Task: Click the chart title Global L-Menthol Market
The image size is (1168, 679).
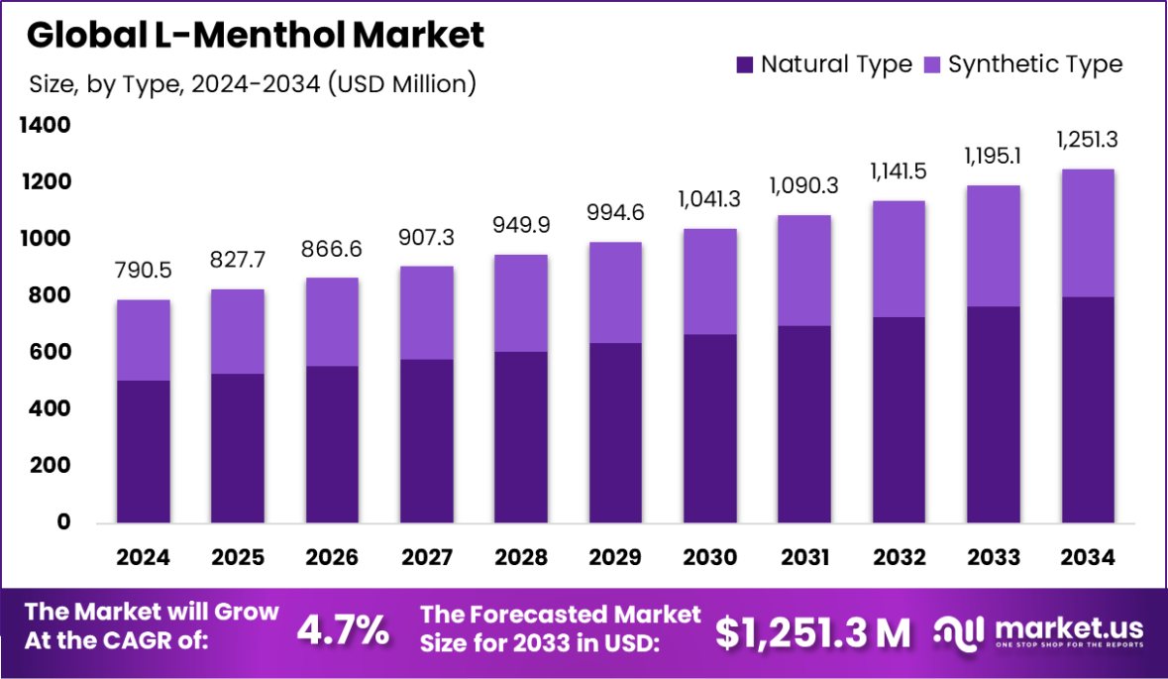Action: tap(256, 36)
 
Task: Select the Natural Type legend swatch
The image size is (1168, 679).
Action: tap(744, 65)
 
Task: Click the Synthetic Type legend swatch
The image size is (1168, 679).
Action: tap(931, 65)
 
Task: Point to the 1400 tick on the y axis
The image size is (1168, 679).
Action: tap(43, 126)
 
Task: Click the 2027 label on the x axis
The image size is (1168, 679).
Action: tap(427, 558)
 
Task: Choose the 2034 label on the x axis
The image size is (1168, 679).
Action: tap(1088, 558)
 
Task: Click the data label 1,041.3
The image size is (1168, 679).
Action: tap(709, 199)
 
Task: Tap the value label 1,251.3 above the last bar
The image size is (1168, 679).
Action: tap(1088, 140)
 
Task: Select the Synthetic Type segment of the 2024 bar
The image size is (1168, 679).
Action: tap(143, 340)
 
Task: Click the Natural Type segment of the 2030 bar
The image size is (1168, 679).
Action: tap(709, 428)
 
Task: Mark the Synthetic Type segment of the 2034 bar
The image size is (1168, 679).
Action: tap(1088, 233)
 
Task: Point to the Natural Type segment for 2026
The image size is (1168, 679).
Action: tap(332, 444)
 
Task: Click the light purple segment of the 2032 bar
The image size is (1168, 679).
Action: tap(899, 259)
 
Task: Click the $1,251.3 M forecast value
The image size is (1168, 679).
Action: tap(812, 632)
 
